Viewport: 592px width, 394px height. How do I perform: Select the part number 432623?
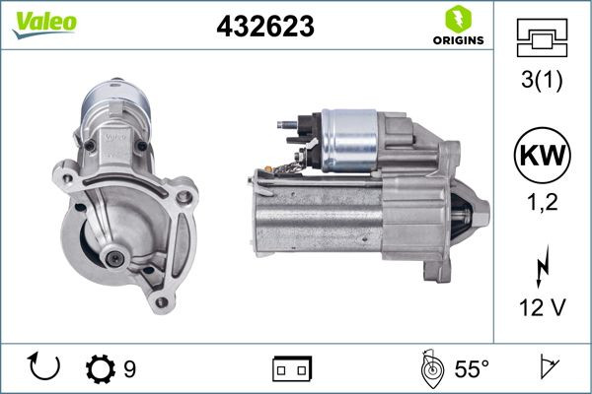pyautogui.click(x=264, y=28)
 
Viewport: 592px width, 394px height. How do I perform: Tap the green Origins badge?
pyautogui.click(x=457, y=27)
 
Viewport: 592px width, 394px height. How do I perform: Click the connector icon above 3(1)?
pyautogui.click(x=542, y=38)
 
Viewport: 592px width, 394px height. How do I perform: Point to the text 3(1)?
pyautogui.click(x=542, y=82)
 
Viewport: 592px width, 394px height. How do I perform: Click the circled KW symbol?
pyautogui.click(x=542, y=157)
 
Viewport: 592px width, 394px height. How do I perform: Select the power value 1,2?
pyautogui.click(x=542, y=205)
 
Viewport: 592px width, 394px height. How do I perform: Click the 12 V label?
pyautogui.click(x=542, y=307)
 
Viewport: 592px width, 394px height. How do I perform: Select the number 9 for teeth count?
pyautogui.click(x=129, y=369)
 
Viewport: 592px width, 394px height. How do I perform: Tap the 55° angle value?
pyautogui.click(x=472, y=369)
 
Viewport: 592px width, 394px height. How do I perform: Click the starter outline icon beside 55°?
pyautogui.click(x=431, y=368)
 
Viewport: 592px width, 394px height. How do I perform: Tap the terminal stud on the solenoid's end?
pyautogui.click(x=285, y=126)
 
